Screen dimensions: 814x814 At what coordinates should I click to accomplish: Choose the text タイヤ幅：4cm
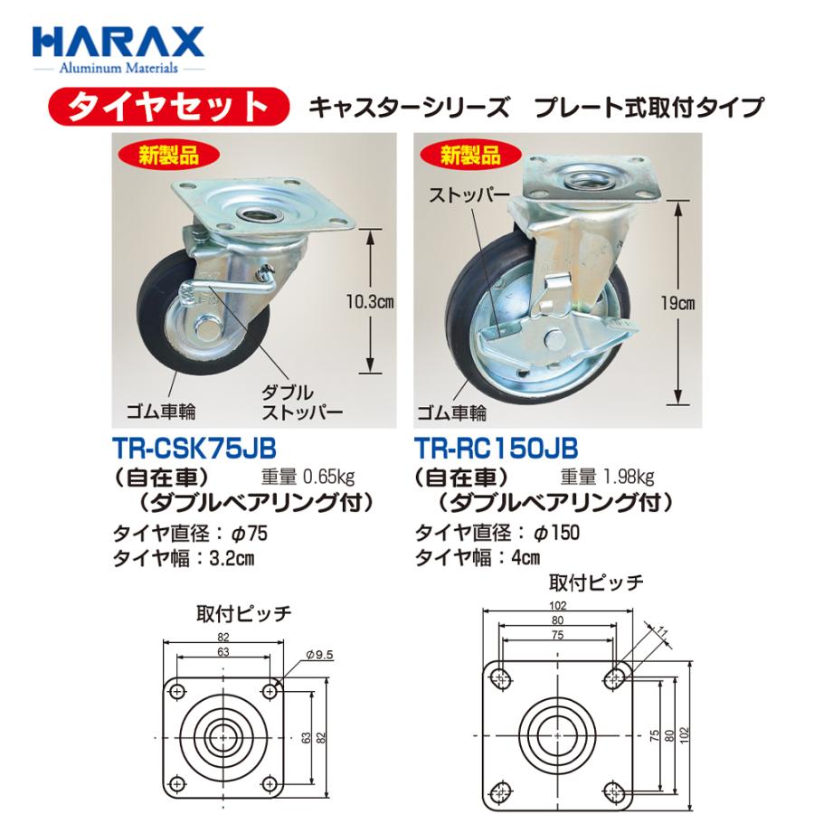coord(478,557)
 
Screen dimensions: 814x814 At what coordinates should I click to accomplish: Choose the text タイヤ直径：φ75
coord(190,533)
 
